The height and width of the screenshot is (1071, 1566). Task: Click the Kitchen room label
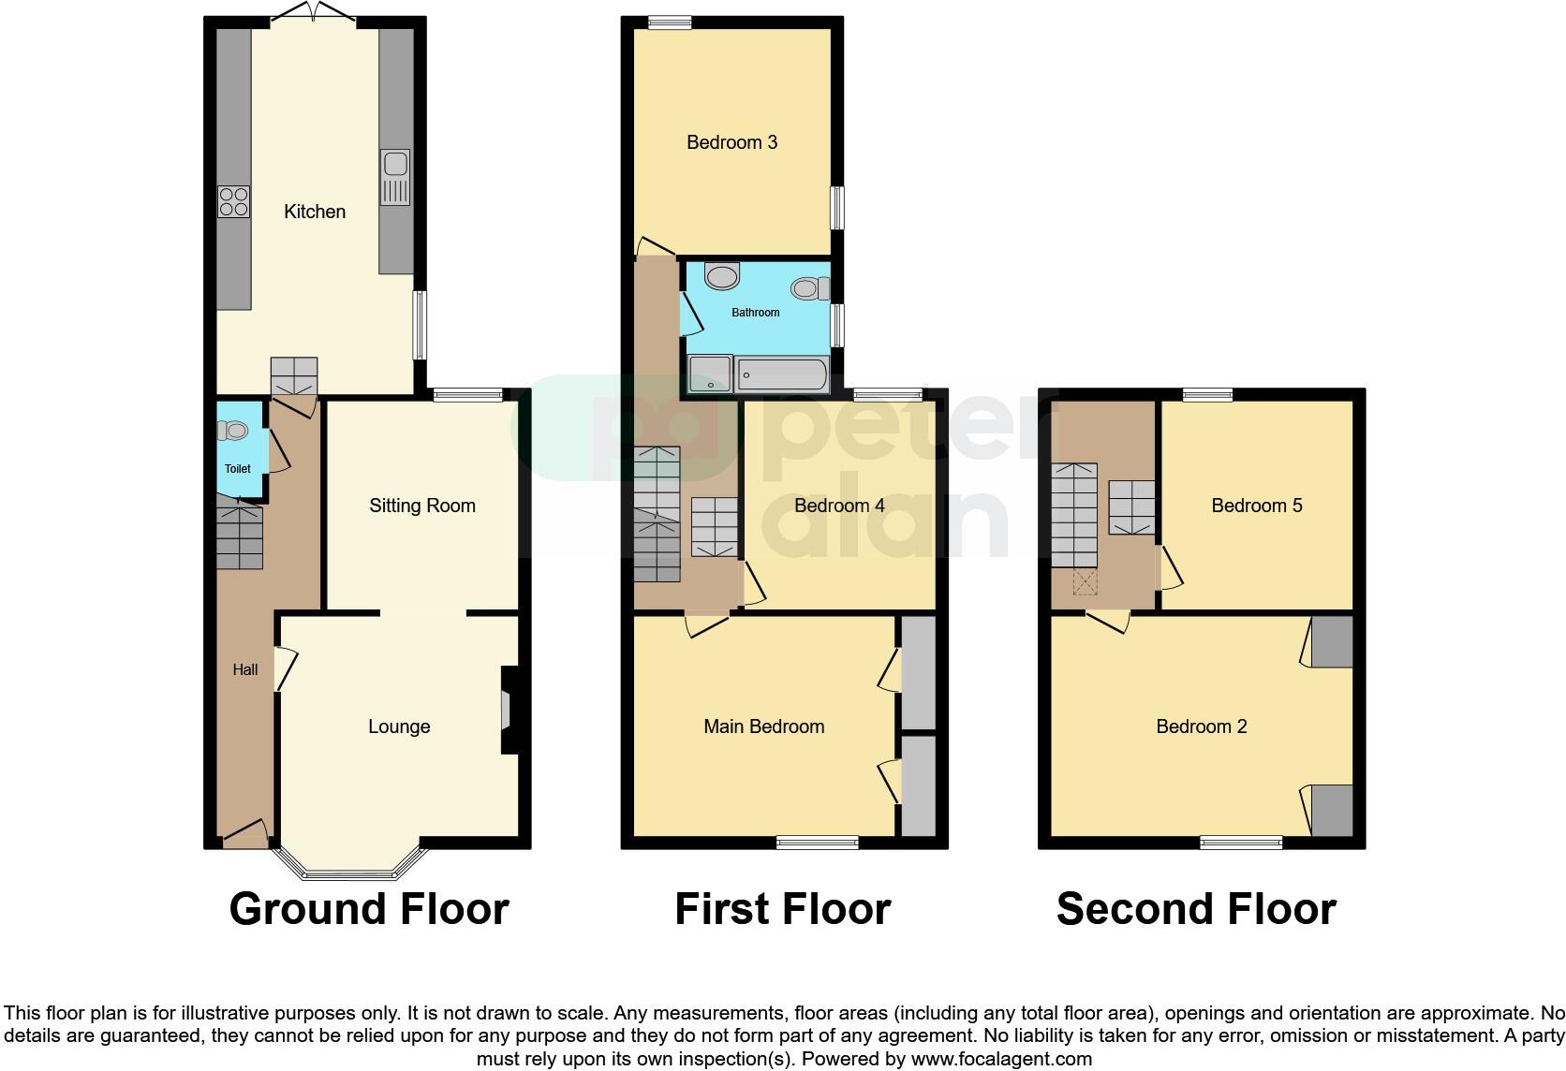click(x=315, y=212)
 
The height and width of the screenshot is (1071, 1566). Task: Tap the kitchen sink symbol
click(x=394, y=178)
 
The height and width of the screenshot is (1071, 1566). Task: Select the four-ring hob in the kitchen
click(x=234, y=201)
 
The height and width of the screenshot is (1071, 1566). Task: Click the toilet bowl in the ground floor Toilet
click(x=232, y=431)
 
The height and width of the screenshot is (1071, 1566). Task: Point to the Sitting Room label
click(x=422, y=506)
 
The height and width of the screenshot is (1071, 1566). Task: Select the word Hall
click(x=245, y=669)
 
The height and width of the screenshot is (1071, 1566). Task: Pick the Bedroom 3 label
click(x=731, y=142)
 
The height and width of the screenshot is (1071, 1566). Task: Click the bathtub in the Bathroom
click(x=782, y=375)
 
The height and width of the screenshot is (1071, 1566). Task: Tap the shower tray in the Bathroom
click(x=710, y=374)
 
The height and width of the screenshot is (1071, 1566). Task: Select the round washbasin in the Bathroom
click(x=722, y=276)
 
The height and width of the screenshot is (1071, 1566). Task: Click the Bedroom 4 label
click(x=839, y=506)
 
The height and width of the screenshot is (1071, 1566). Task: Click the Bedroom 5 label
click(x=1257, y=506)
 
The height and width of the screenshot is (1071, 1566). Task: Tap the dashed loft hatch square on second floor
click(x=1086, y=584)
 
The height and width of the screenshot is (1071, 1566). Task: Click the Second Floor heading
click(x=1196, y=909)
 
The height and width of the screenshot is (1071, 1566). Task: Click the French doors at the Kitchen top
click(x=314, y=14)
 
